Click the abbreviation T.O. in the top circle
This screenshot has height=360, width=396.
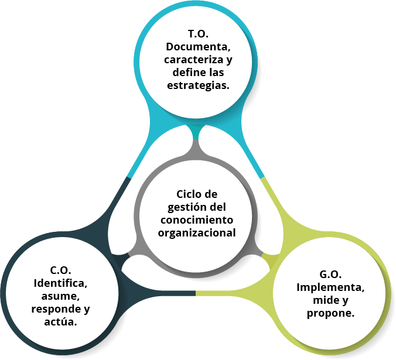click(x=198, y=35)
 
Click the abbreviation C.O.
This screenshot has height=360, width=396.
click(x=60, y=270)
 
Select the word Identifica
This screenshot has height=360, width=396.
click(x=60, y=283)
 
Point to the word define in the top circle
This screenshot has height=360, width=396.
click(x=187, y=73)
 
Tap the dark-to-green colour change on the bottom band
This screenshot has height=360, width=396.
click(x=196, y=293)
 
